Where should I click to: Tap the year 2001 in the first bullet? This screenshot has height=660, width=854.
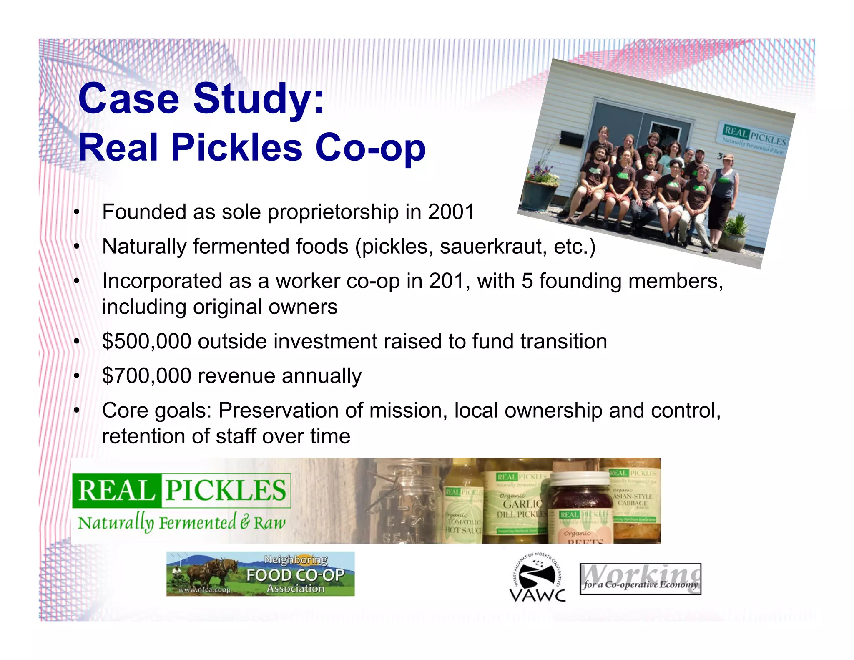(x=451, y=212)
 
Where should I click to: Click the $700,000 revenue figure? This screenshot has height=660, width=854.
(x=147, y=376)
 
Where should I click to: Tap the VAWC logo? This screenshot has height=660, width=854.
(x=538, y=578)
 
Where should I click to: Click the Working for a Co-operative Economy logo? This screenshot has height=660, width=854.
(x=640, y=579)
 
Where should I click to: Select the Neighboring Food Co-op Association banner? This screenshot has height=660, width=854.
(x=260, y=574)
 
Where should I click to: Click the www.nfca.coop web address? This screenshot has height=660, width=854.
(x=204, y=589)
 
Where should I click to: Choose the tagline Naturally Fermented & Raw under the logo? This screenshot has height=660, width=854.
(x=181, y=523)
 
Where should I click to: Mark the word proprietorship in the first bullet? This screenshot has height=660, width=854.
(x=333, y=212)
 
